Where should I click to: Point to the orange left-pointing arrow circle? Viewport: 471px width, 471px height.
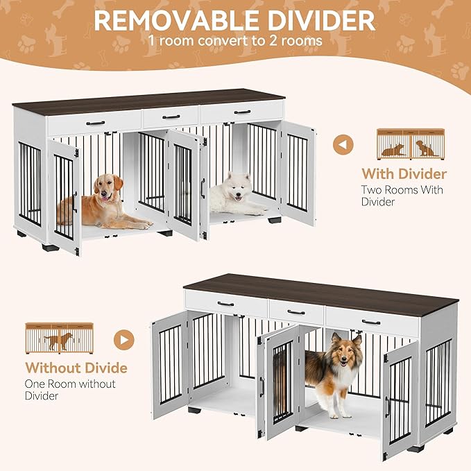point(343,146)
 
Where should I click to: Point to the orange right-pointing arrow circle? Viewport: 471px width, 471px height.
point(124,340)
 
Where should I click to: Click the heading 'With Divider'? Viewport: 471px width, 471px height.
point(404,173)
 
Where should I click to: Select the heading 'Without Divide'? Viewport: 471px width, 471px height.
point(76,368)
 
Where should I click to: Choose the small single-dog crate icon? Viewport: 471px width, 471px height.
point(58,336)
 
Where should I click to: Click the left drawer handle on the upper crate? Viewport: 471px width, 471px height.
point(95,123)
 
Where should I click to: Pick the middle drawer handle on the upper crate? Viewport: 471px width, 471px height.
point(171,117)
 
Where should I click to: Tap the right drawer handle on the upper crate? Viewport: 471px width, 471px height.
point(242,112)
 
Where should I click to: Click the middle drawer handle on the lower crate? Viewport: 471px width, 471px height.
point(296,312)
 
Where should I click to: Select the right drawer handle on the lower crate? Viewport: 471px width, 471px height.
point(371,322)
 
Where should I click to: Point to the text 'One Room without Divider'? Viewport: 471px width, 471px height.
point(70,390)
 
